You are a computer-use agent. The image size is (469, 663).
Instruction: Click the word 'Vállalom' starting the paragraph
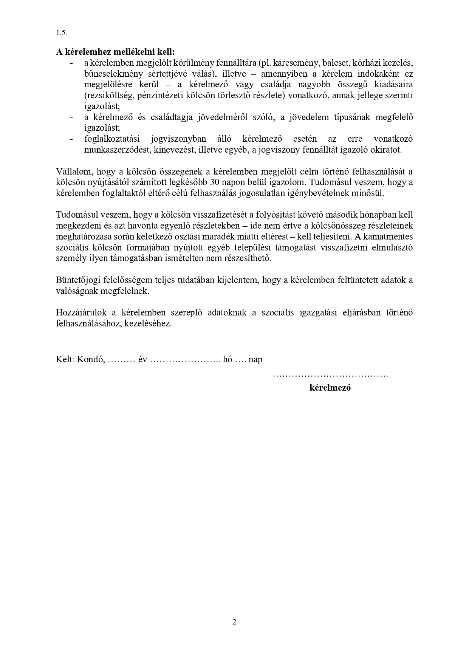73,172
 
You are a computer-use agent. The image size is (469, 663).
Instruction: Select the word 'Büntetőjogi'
79,280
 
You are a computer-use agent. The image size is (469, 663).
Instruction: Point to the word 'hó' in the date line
228,359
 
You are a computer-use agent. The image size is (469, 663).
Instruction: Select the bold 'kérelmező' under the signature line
330,388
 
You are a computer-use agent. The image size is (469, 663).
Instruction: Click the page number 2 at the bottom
234,622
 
